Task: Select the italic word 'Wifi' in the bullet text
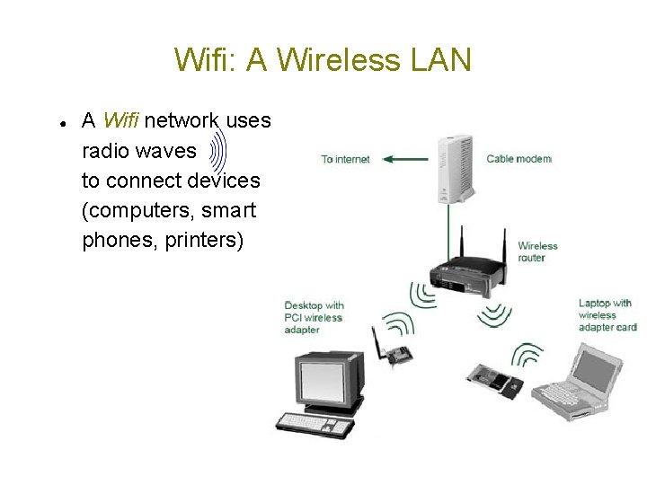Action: pos(120,120)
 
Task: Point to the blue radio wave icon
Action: pos(219,151)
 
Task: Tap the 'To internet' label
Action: pos(346,160)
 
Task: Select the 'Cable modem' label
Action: pos(518,159)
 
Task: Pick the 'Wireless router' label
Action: pos(537,251)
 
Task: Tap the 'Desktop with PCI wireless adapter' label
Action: pos(315,317)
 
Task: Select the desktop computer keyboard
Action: pos(313,422)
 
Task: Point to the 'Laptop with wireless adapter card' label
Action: pos(607,315)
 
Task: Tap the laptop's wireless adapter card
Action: pos(496,381)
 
